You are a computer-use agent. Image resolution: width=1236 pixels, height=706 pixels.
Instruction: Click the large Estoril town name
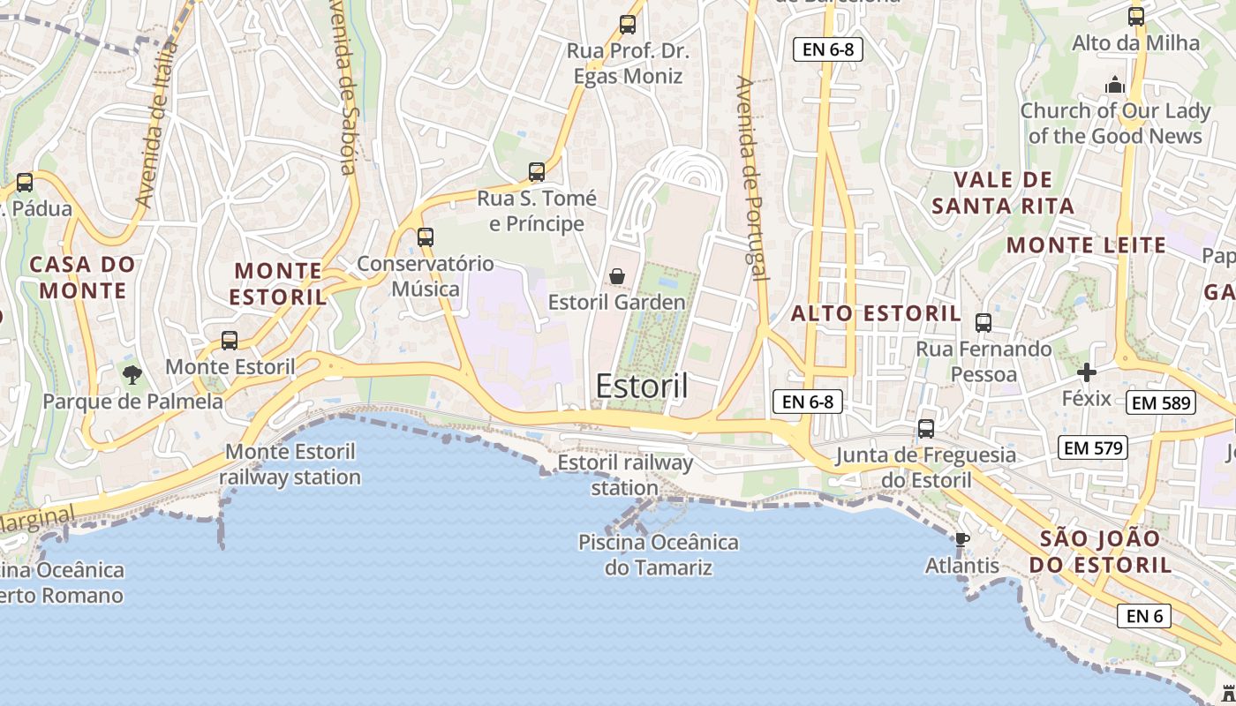click(x=642, y=386)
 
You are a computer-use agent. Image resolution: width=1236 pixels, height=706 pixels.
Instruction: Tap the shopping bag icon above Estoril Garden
click(x=617, y=277)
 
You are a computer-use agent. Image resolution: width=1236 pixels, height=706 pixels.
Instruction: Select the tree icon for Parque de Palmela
click(x=132, y=374)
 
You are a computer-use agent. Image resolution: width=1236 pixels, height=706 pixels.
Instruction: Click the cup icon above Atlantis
click(x=962, y=539)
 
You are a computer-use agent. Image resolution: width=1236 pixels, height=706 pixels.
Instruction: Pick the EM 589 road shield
click(x=1160, y=403)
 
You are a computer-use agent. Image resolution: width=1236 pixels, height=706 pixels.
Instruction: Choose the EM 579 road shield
click(x=1093, y=447)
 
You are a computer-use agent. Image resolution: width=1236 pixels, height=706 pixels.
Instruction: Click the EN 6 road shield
click(x=1144, y=615)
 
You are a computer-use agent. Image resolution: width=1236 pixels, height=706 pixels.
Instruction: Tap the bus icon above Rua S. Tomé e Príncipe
click(x=537, y=172)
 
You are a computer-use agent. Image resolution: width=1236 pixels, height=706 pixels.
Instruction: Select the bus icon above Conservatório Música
click(x=426, y=237)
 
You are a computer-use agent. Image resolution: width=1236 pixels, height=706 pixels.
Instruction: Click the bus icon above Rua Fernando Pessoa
click(x=984, y=322)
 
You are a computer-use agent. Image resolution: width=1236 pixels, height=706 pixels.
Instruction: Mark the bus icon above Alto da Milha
click(x=1136, y=16)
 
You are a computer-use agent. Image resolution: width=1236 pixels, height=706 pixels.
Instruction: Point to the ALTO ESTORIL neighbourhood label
click(x=875, y=313)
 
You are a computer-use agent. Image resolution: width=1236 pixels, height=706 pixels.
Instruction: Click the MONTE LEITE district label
click(x=1087, y=245)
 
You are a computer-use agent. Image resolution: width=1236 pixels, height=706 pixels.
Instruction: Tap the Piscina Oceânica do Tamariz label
click(x=659, y=554)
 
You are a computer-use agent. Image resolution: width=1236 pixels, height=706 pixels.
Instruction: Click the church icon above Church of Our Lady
click(x=1115, y=85)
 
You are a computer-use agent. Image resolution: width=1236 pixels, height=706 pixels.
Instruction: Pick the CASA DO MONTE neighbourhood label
click(x=83, y=277)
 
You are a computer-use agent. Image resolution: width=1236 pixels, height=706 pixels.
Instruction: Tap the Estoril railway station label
click(x=625, y=475)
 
